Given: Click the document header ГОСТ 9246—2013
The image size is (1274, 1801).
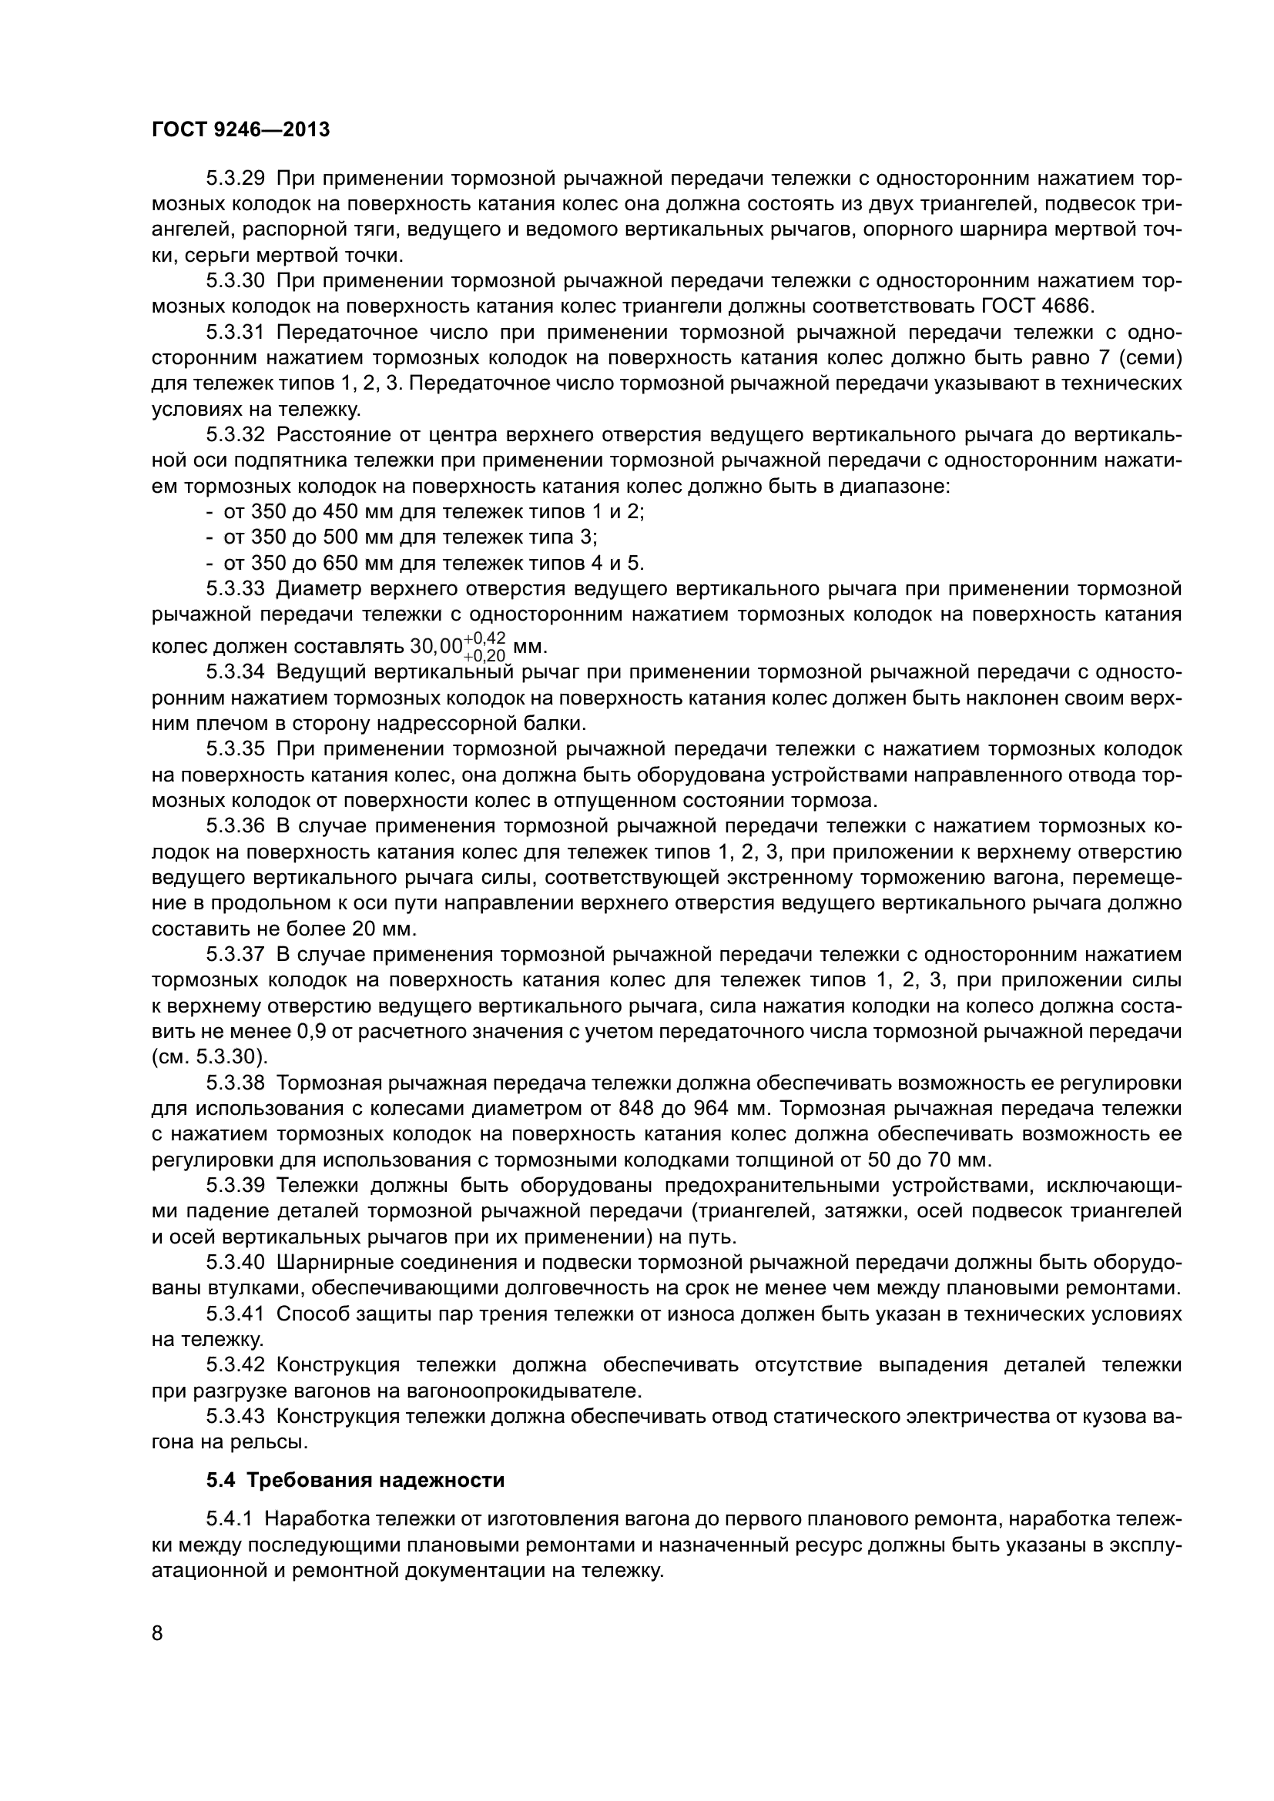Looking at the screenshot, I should pos(240,130).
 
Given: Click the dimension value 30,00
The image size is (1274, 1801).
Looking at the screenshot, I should pos(436,647).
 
